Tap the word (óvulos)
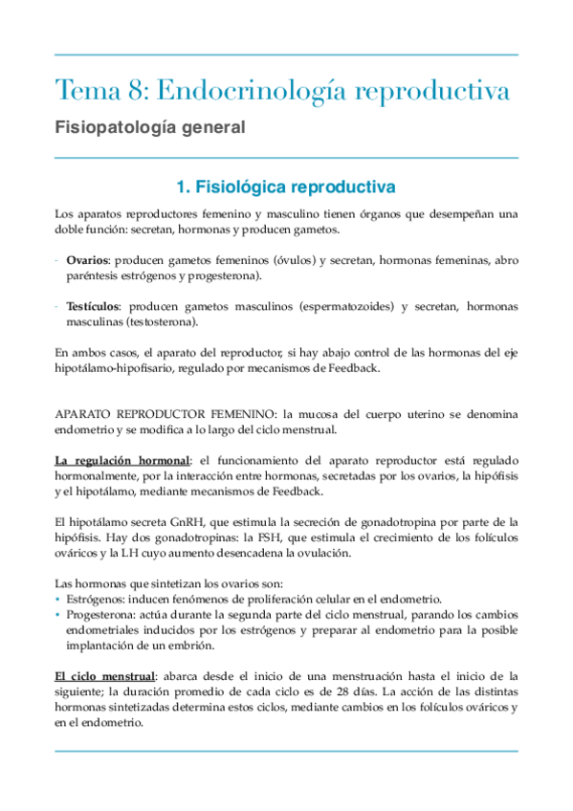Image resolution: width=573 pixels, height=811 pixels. click(298, 260)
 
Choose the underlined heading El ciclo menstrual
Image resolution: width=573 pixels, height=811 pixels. click(103, 677)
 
